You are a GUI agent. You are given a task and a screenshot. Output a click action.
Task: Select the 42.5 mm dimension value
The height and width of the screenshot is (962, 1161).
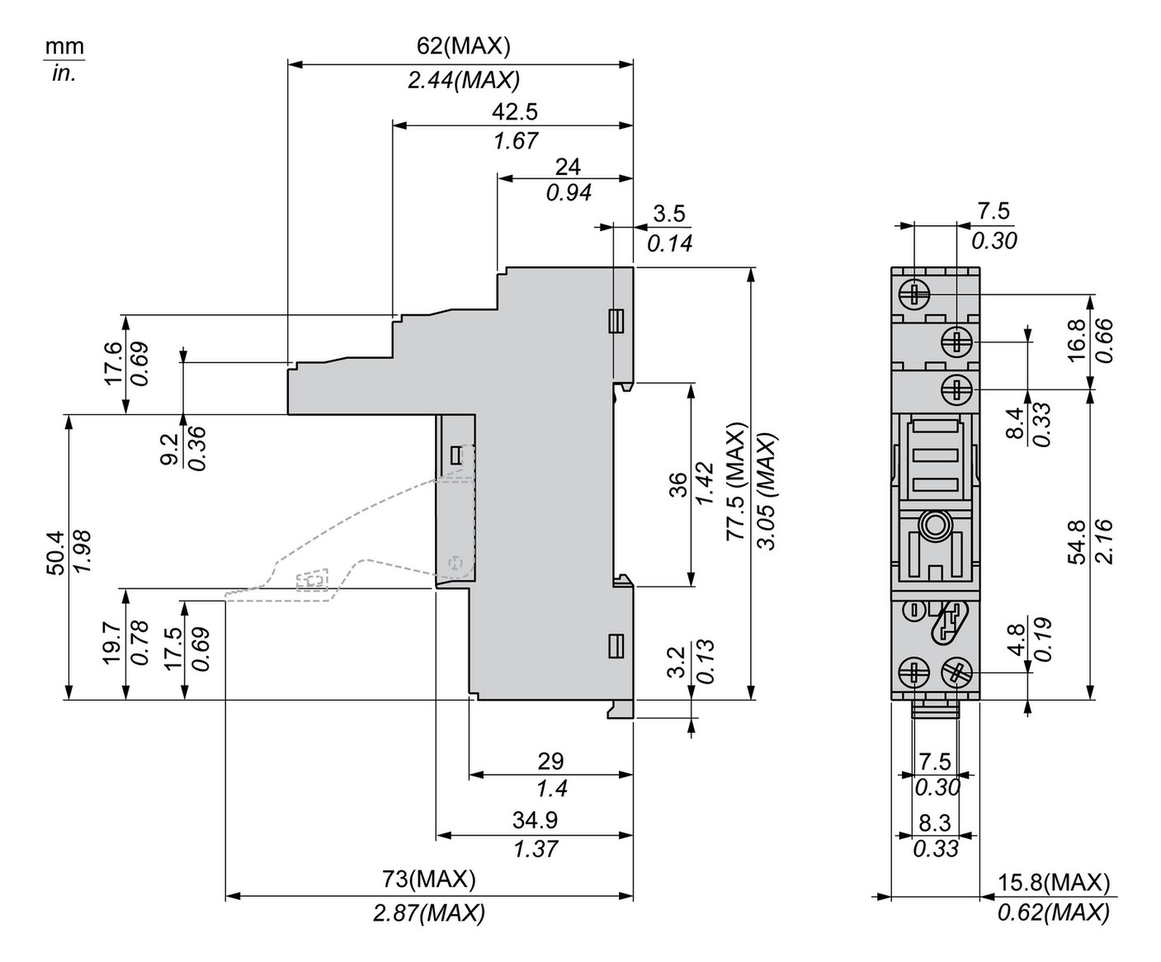pyautogui.click(x=515, y=111)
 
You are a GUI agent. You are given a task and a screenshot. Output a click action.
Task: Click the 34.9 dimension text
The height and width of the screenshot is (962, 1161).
pyautogui.click(x=535, y=819)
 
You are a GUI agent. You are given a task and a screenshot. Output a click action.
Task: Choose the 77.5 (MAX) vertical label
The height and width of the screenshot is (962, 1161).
pyautogui.click(x=734, y=482)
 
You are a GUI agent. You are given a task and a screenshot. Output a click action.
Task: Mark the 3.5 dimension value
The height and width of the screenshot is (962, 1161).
pyautogui.click(x=668, y=214)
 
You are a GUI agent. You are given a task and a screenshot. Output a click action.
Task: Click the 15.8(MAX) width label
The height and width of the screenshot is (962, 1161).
pyautogui.click(x=1054, y=882)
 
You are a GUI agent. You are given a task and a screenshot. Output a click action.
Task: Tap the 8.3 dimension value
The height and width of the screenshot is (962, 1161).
pyautogui.click(x=935, y=823)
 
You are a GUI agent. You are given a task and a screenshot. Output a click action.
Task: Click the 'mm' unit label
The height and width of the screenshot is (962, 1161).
pyautogui.click(x=64, y=46)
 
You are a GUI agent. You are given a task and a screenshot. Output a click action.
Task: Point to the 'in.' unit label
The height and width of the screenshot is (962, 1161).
pyautogui.click(x=64, y=73)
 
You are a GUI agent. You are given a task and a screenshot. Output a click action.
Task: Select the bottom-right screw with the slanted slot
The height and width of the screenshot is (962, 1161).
pyautogui.click(x=956, y=672)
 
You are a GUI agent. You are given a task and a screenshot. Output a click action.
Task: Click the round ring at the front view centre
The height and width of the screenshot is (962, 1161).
pyautogui.click(x=935, y=524)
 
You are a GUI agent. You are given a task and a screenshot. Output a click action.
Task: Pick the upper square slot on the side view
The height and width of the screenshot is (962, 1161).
pyautogui.click(x=615, y=320)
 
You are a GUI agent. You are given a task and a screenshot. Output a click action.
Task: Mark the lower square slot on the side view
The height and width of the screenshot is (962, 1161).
pyautogui.click(x=615, y=646)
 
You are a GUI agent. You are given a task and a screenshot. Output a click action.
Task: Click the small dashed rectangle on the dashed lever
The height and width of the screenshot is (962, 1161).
pyautogui.click(x=311, y=581)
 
